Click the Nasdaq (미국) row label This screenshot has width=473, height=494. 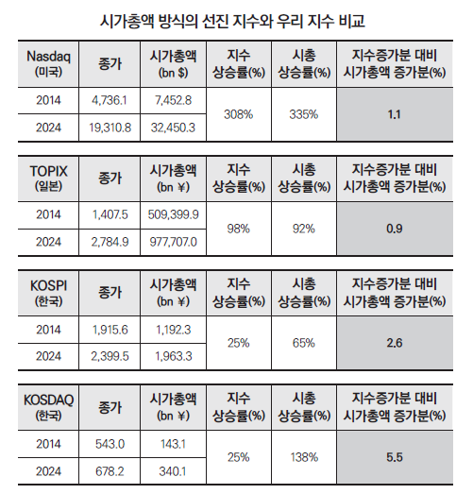(47, 63)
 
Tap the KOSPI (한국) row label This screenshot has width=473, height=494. (47, 291)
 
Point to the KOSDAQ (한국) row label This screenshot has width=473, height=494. (47, 405)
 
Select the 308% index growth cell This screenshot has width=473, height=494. (239, 113)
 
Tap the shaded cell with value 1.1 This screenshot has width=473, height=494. (396, 113)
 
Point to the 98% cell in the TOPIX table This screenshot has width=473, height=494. (239, 228)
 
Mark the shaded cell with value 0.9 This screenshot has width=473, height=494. (396, 228)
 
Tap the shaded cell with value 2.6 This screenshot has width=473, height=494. (396, 342)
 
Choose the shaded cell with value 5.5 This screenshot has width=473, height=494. (396, 457)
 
